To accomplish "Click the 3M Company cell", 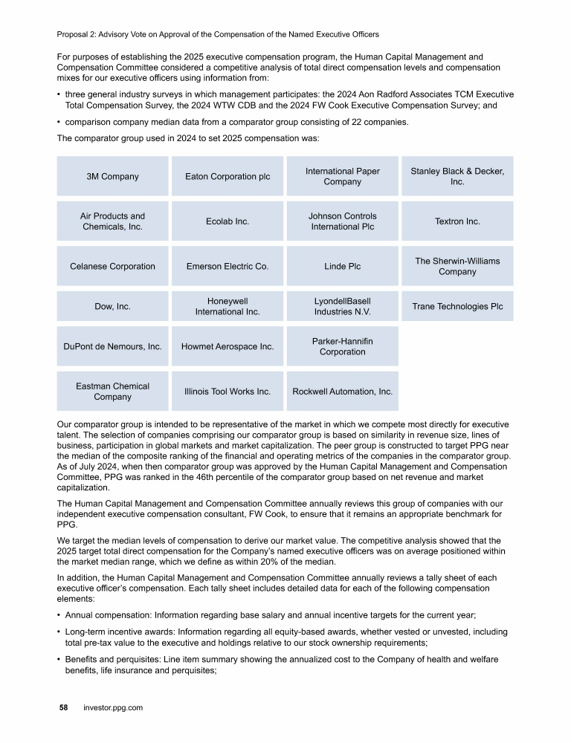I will [x=113, y=177].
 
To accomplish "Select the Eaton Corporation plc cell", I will [x=228, y=177].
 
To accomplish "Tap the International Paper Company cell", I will [x=342, y=177].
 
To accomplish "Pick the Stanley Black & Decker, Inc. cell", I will [x=457, y=177].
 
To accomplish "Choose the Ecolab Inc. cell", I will [x=228, y=221].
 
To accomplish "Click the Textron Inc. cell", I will [x=457, y=221].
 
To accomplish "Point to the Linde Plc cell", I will [x=342, y=266].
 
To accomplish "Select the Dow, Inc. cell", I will [x=113, y=306].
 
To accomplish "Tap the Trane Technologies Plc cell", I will [x=457, y=306].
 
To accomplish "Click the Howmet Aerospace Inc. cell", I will [x=228, y=346].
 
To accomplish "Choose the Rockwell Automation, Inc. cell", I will [x=342, y=391].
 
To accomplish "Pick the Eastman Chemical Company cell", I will [x=113, y=391].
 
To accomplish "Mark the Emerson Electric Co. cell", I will [x=228, y=266].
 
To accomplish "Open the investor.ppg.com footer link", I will [x=112, y=708].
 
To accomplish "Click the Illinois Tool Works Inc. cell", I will [x=228, y=391].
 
